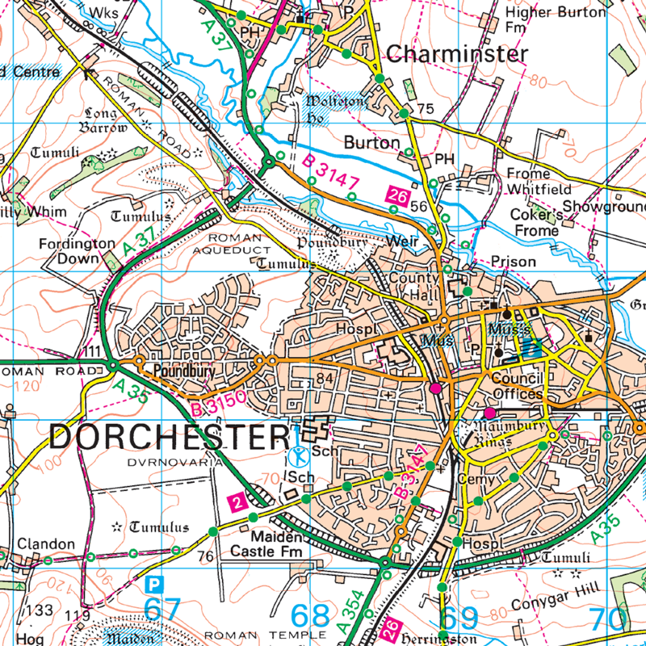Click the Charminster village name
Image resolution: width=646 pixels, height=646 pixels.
click(x=457, y=54)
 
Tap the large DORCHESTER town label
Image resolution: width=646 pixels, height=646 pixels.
click(x=169, y=437)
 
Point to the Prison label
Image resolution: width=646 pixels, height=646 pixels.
click(x=514, y=262)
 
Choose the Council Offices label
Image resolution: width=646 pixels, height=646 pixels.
click(x=517, y=386)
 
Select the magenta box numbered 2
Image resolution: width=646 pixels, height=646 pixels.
click(x=237, y=502)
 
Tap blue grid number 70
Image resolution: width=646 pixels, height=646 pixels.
click(x=608, y=619)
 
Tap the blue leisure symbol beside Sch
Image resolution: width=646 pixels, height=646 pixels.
click(x=298, y=455)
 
